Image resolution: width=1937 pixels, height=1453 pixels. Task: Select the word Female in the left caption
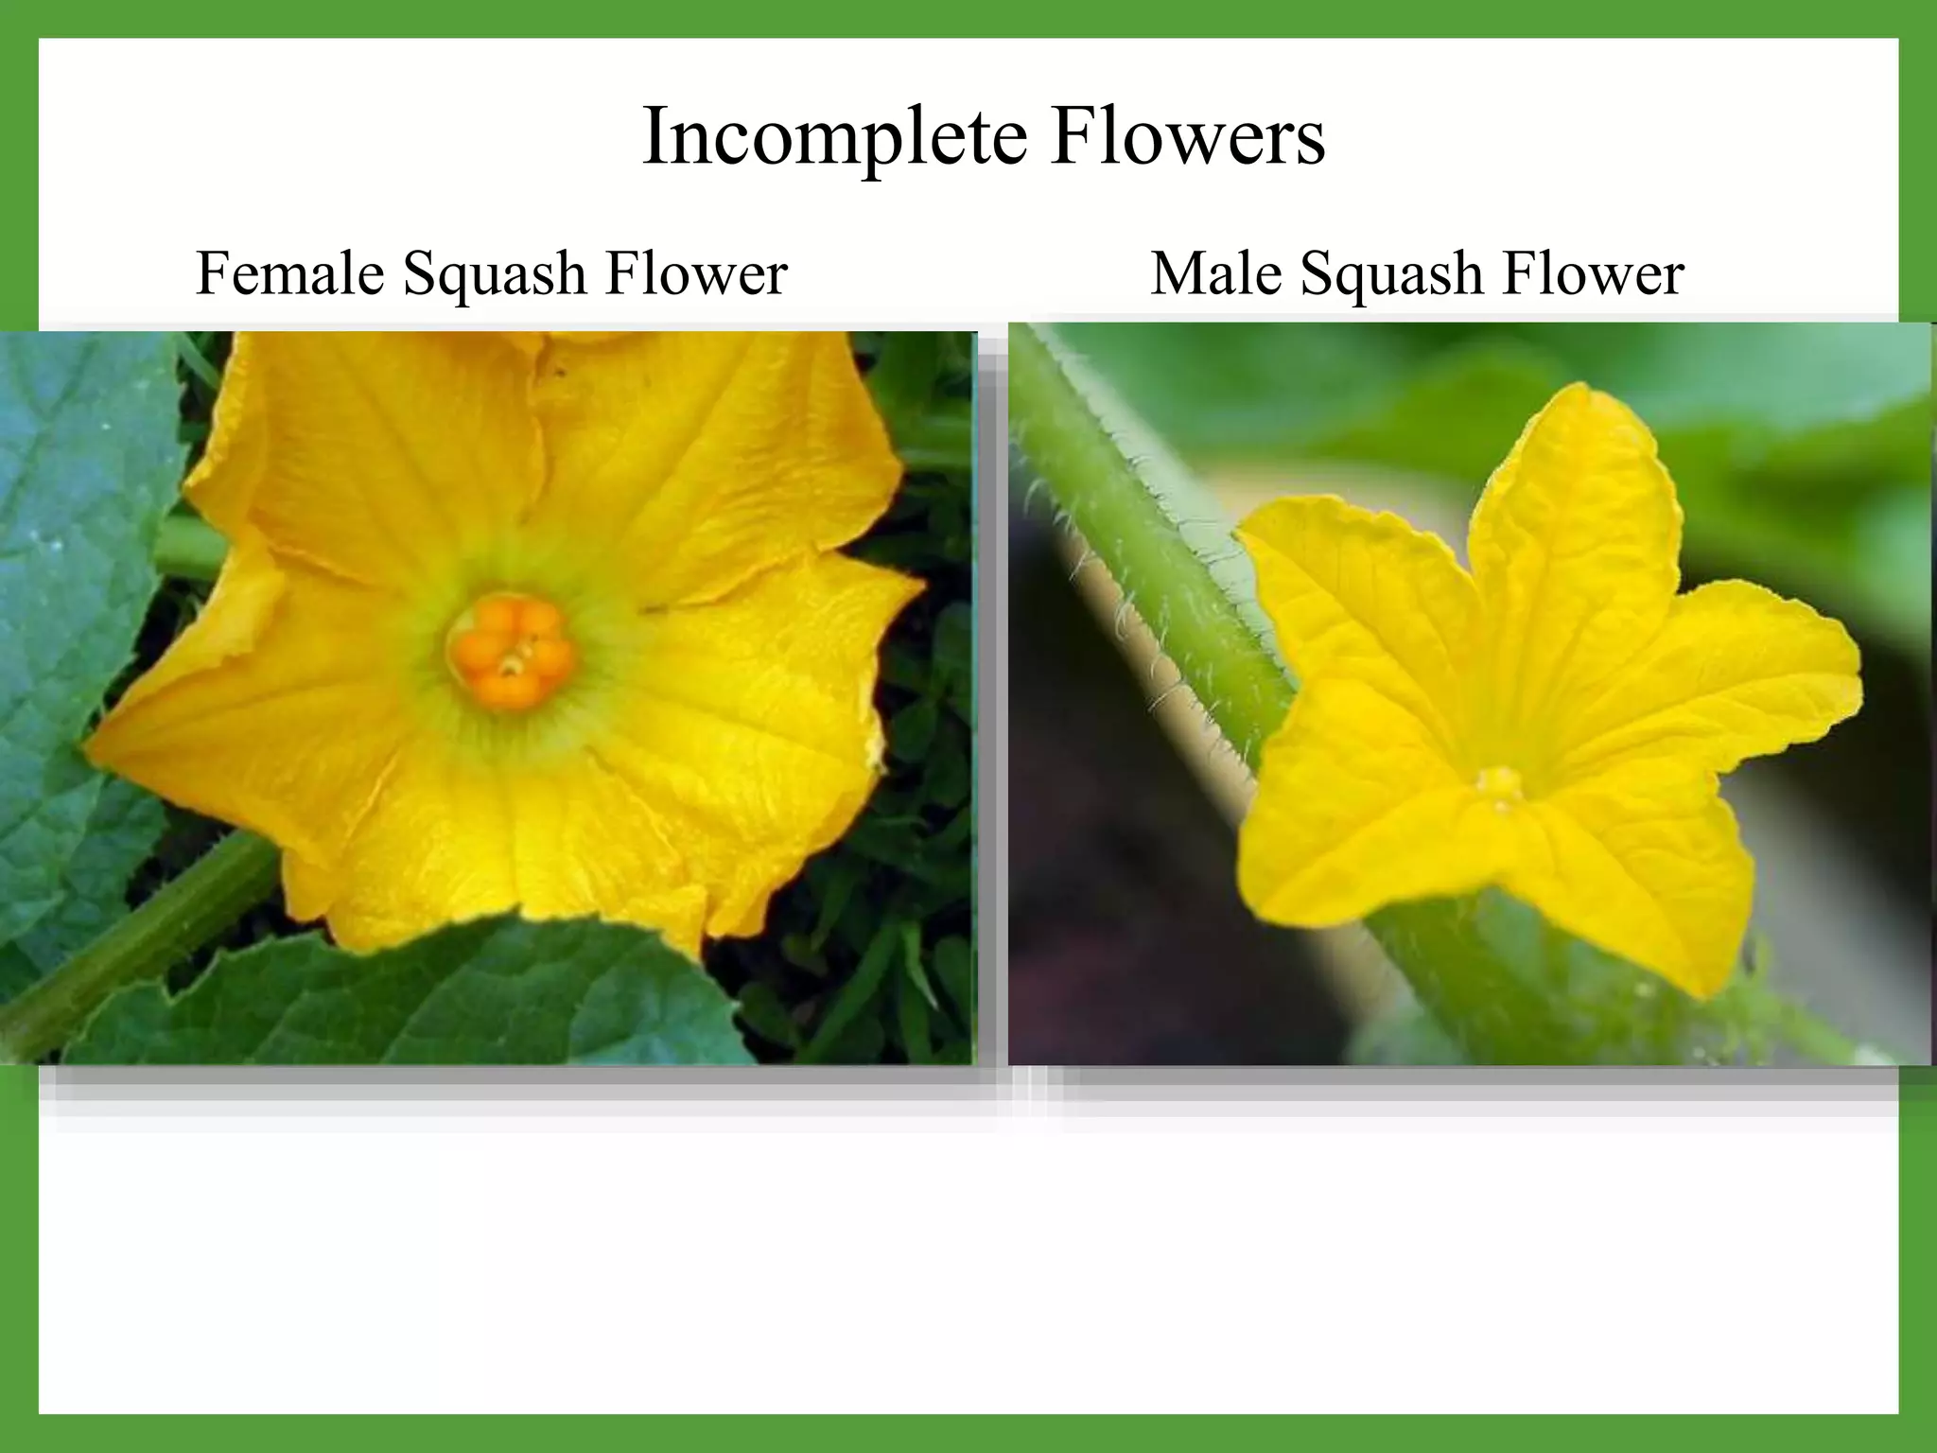(x=290, y=274)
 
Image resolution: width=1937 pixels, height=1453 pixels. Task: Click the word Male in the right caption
(x=1215, y=274)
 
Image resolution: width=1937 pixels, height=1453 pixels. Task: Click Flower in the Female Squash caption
(x=696, y=274)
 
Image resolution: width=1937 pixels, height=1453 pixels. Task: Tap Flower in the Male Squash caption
(x=1593, y=274)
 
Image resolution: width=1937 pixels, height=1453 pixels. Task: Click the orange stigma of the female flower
(x=511, y=653)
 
